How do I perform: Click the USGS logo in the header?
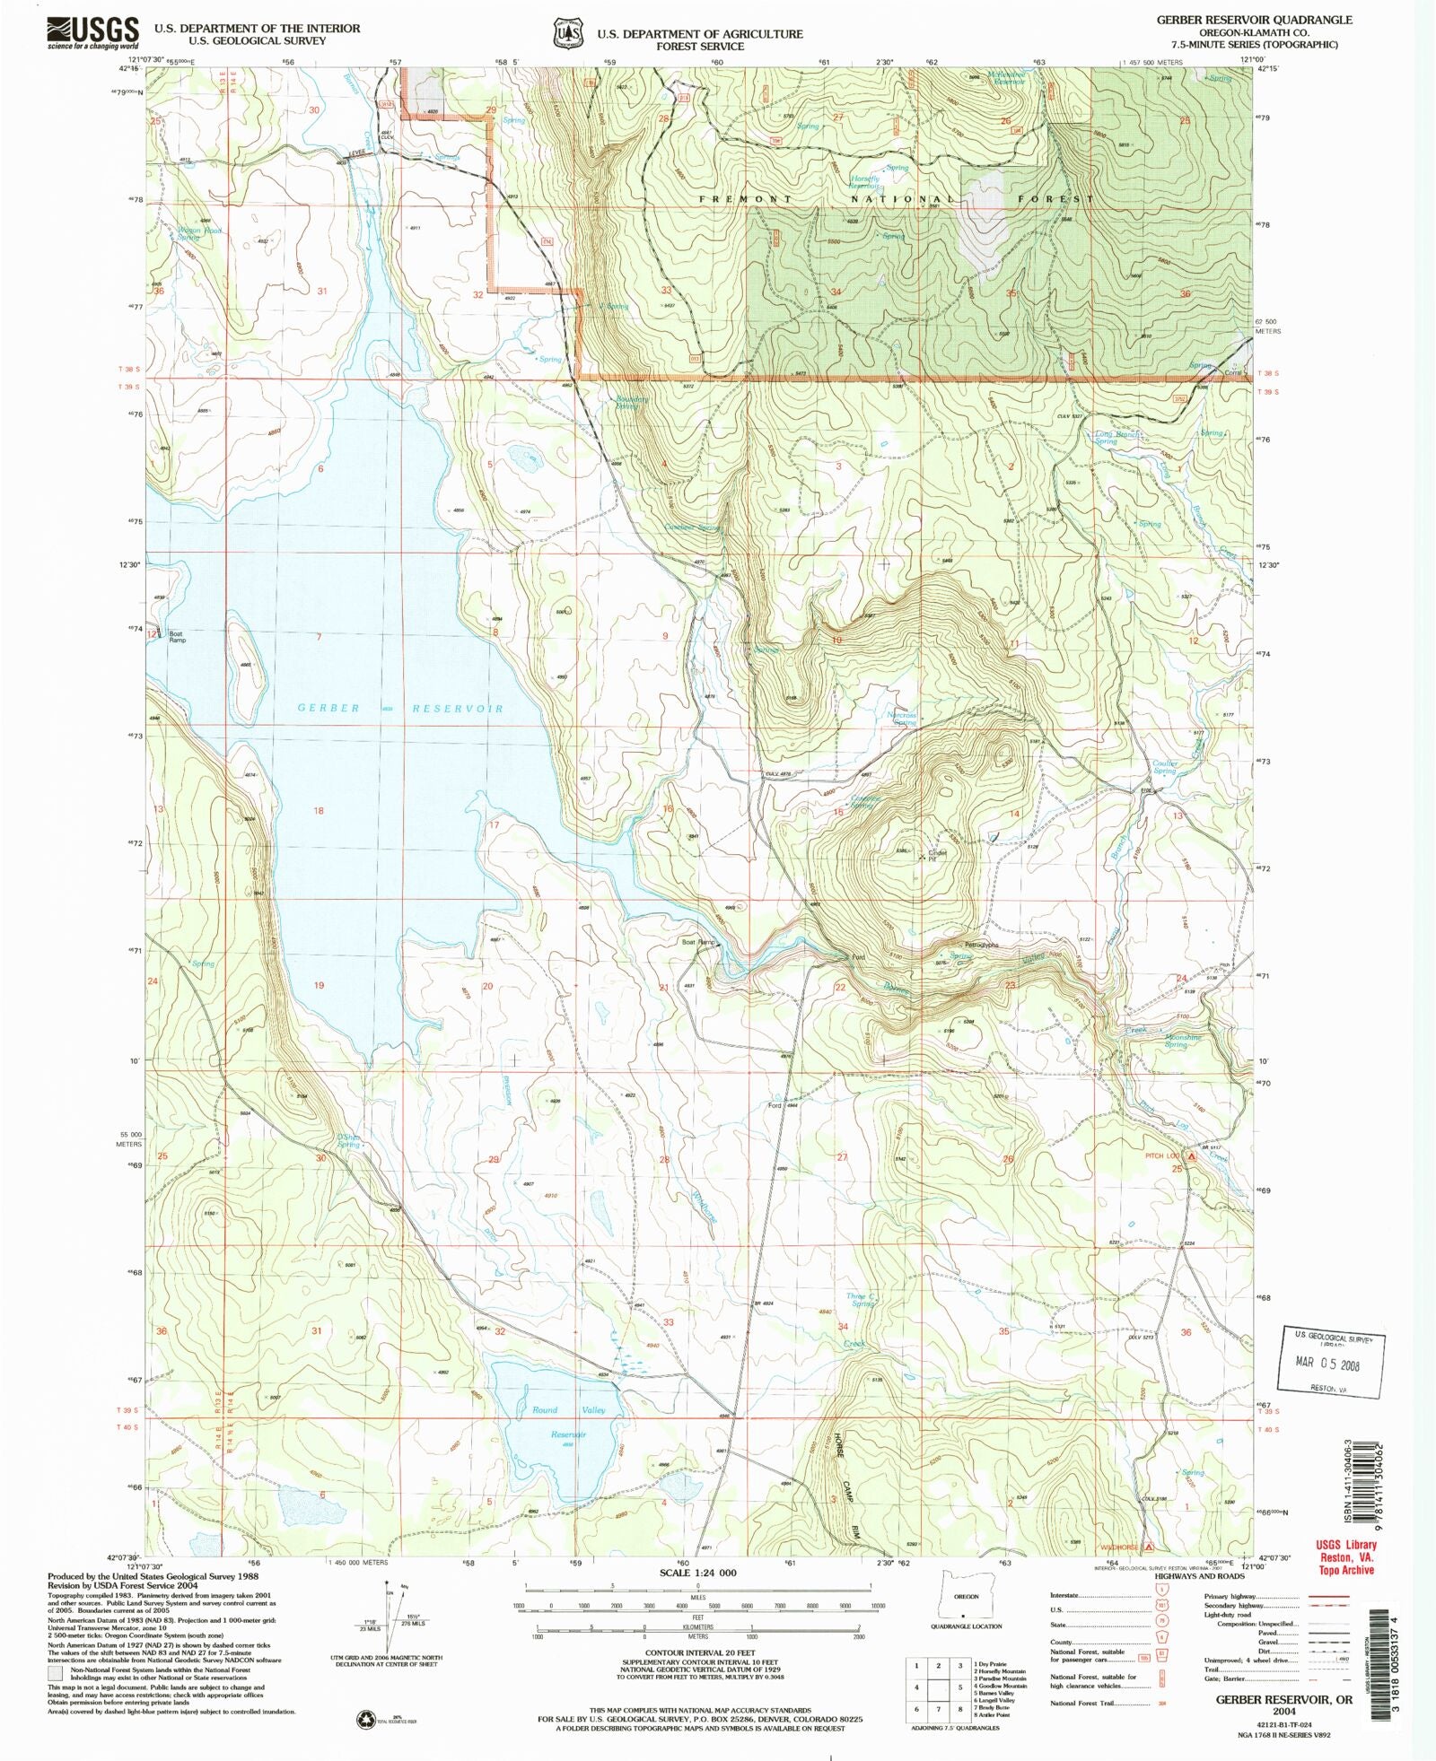(x=93, y=33)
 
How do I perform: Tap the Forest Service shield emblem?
(x=565, y=33)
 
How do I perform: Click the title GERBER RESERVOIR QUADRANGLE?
(x=1253, y=20)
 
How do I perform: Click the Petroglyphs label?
(x=981, y=945)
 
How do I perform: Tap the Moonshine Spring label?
(x=1182, y=1041)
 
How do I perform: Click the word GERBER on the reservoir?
(x=328, y=708)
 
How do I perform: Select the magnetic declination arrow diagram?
(x=392, y=1619)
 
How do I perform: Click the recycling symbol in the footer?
(x=366, y=1719)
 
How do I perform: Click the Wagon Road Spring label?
(x=199, y=233)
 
